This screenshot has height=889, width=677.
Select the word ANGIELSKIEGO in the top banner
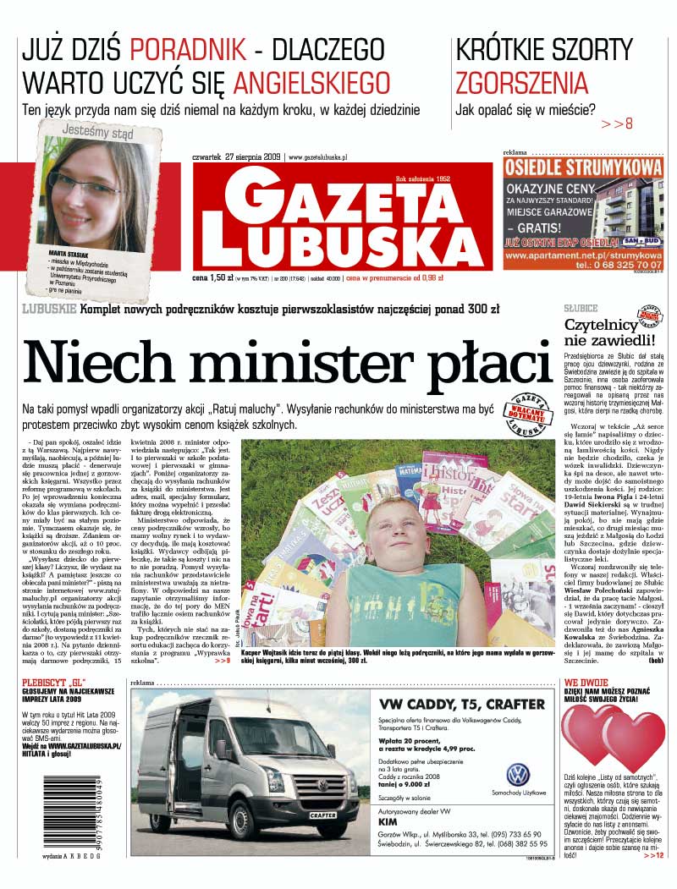tap(311, 82)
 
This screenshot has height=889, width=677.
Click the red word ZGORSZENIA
tap(521, 83)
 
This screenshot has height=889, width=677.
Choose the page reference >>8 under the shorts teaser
tap(617, 123)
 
